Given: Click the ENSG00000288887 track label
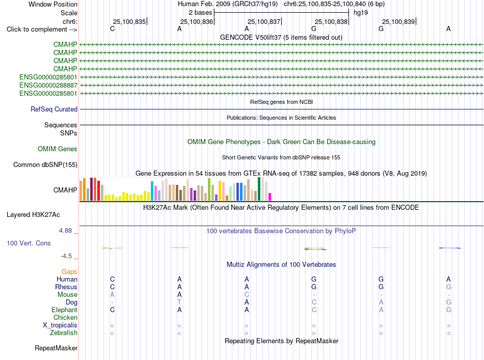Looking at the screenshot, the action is tap(48, 85).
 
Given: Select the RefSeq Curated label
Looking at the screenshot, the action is tap(54, 109).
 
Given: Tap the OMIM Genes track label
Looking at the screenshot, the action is tap(58, 149).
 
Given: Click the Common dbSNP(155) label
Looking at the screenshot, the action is tap(45, 165).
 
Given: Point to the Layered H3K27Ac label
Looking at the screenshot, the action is tap(33, 215).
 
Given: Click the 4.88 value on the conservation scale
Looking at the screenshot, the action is tap(65, 231).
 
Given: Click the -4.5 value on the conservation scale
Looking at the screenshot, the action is tap(66, 256).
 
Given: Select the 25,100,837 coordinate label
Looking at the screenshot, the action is tap(264, 21).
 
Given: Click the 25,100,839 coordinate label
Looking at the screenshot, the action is tap(398, 21).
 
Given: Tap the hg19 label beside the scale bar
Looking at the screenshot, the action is tap(361, 13).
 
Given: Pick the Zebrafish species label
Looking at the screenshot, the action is tap(64, 333).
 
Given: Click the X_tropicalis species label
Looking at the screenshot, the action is tap(60, 325).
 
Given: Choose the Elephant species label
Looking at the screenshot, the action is tap(64, 310).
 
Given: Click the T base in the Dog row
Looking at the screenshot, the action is tap(179, 302).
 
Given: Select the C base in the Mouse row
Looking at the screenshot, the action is tap(247, 295).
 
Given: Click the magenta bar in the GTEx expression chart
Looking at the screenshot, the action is tap(270, 197).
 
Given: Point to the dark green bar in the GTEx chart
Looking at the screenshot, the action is tap(259, 189).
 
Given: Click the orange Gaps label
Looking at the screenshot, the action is tap(69, 271).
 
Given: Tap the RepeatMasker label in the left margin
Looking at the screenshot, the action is tap(56, 348).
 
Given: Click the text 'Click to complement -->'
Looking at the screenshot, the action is tap(42, 30).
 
